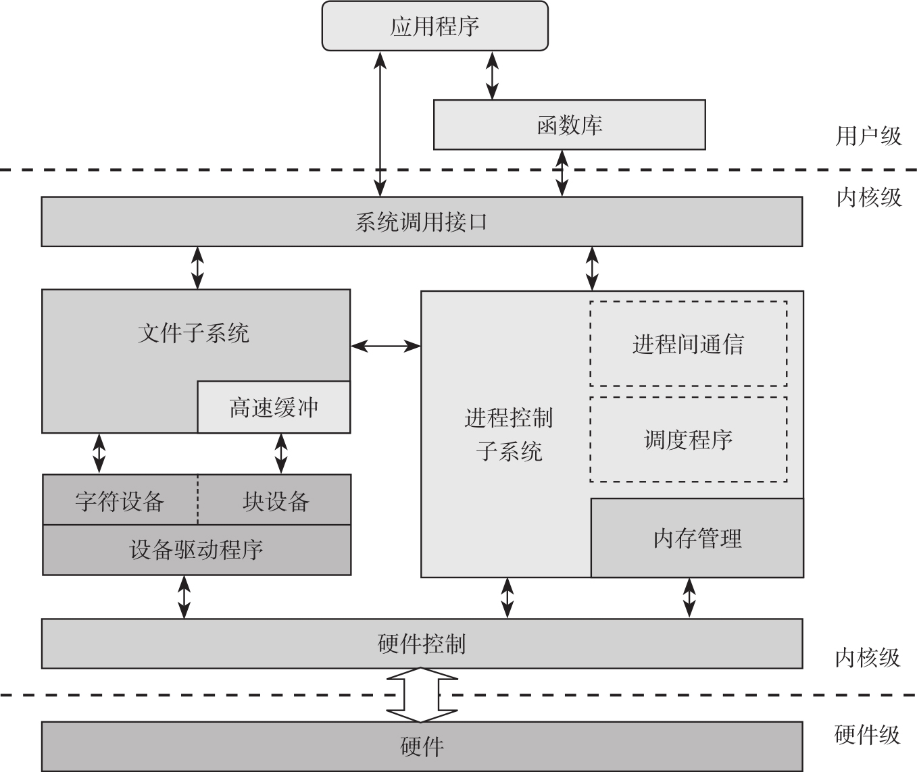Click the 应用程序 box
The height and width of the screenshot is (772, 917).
[x=435, y=26]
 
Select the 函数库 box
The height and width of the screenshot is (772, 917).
[x=569, y=125]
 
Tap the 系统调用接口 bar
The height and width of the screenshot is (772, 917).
[x=422, y=222]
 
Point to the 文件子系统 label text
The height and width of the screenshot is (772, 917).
[x=193, y=333]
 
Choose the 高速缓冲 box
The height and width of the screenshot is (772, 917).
[x=274, y=407]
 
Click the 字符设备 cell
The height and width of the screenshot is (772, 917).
[x=120, y=500]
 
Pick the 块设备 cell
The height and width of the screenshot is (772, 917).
[x=275, y=500]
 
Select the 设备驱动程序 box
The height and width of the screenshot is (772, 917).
[x=197, y=550]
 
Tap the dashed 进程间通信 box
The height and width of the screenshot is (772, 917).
[x=688, y=344]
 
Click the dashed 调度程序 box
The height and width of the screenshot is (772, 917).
[x=688, y=440]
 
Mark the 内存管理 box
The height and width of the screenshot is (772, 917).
[x=697, y=538]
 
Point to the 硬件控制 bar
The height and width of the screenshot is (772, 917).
[x=422, y=644]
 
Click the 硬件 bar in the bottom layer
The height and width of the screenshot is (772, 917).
[x=422, y=746]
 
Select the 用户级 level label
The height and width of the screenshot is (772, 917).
[x=868, y=136]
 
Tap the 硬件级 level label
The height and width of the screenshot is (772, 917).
[x=868, y=734]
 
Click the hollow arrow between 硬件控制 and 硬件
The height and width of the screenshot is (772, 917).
[x=421, y=695]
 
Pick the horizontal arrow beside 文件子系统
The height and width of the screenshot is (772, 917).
[x=385, y=346]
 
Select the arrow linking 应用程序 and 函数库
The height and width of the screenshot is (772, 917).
[x=492, y=75]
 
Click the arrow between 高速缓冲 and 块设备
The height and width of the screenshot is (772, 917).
[x=281, y=453]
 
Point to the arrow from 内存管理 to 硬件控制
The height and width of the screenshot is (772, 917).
[x=689, y=597]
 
